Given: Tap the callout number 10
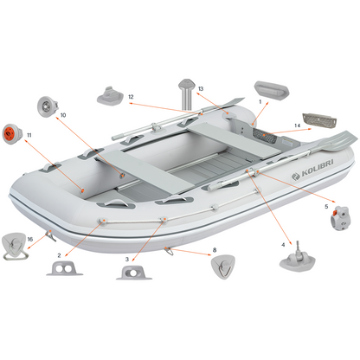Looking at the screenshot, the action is pos(63,115).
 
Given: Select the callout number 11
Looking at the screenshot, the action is pos(29,135).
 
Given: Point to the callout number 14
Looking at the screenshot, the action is pos(297,125).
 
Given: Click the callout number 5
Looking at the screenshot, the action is pos(326,207).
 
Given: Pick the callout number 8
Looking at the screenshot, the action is pos(215,250).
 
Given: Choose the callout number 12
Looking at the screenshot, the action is pos(131,97).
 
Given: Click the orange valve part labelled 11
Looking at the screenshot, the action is pos(12,134).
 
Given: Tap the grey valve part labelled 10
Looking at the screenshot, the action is pos(48,106).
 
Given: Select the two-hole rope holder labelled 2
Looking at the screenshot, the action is pos(64,268).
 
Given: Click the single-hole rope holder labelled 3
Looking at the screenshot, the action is pos(134,273).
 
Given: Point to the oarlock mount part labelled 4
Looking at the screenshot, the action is pos(298,259).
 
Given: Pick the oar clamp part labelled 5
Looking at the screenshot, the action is pos(340,218).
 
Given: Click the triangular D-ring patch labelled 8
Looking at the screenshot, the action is pos(222,267).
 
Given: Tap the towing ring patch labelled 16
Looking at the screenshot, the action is pos(16,246).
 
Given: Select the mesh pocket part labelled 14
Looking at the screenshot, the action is pos(319,120).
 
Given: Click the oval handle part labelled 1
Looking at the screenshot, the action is pos(272,90).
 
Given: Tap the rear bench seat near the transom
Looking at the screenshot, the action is pos(234,139).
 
